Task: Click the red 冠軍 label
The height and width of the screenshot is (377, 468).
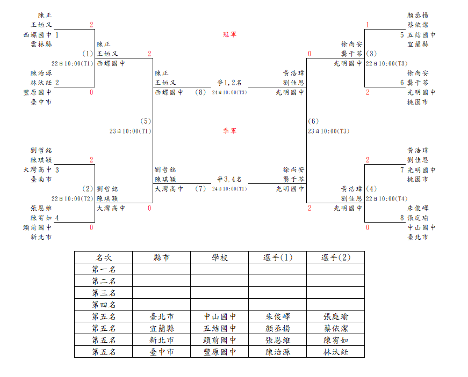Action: point(229,34)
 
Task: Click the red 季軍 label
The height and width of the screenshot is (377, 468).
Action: point(229,131)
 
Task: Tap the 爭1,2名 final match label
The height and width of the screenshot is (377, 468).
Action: point(229,83)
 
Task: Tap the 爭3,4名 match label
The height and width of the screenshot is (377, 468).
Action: point(229,179)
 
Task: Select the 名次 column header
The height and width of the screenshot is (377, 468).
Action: point(104,257)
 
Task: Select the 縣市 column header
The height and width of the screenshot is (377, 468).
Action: point(162,257)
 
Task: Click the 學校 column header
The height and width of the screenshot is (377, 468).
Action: point(220,257)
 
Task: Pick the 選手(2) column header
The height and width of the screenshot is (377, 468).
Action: point(336,257)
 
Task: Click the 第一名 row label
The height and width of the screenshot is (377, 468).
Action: point(104,269)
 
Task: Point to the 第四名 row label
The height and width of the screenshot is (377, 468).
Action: point(104,305)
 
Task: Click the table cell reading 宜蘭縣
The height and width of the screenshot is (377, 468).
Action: point(162,328)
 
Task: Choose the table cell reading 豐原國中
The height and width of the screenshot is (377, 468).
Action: point(220,352)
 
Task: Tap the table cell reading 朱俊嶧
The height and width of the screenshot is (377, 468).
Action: point(278,316)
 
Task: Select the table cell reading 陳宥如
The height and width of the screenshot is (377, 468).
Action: point(336,340)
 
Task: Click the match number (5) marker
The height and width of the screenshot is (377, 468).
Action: point(146,121)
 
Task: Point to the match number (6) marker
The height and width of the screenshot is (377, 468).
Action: point(313,121)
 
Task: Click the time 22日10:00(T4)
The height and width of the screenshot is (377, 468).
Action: point(387,198)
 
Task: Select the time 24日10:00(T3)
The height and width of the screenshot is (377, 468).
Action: point(229,92)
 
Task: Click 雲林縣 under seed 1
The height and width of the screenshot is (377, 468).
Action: point(41,44)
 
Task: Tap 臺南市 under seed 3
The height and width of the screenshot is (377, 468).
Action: point(41,179)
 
